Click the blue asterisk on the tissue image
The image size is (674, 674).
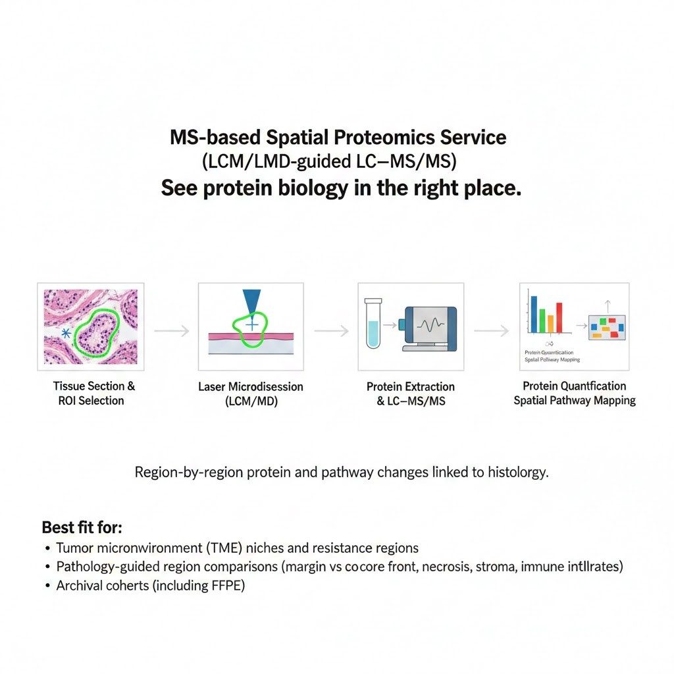coord(66,333)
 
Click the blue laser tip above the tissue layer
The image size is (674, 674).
coord(251,303)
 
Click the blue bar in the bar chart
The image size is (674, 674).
coord(534,314)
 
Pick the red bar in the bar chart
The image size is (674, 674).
coord(559,317)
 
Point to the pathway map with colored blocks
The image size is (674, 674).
coord(607,326)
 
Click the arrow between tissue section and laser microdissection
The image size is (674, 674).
coord(171,330)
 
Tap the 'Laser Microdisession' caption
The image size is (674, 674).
coord(251,386)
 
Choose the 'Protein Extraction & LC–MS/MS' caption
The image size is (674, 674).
coord(411,393)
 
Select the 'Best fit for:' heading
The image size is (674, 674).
coord(82,527)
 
